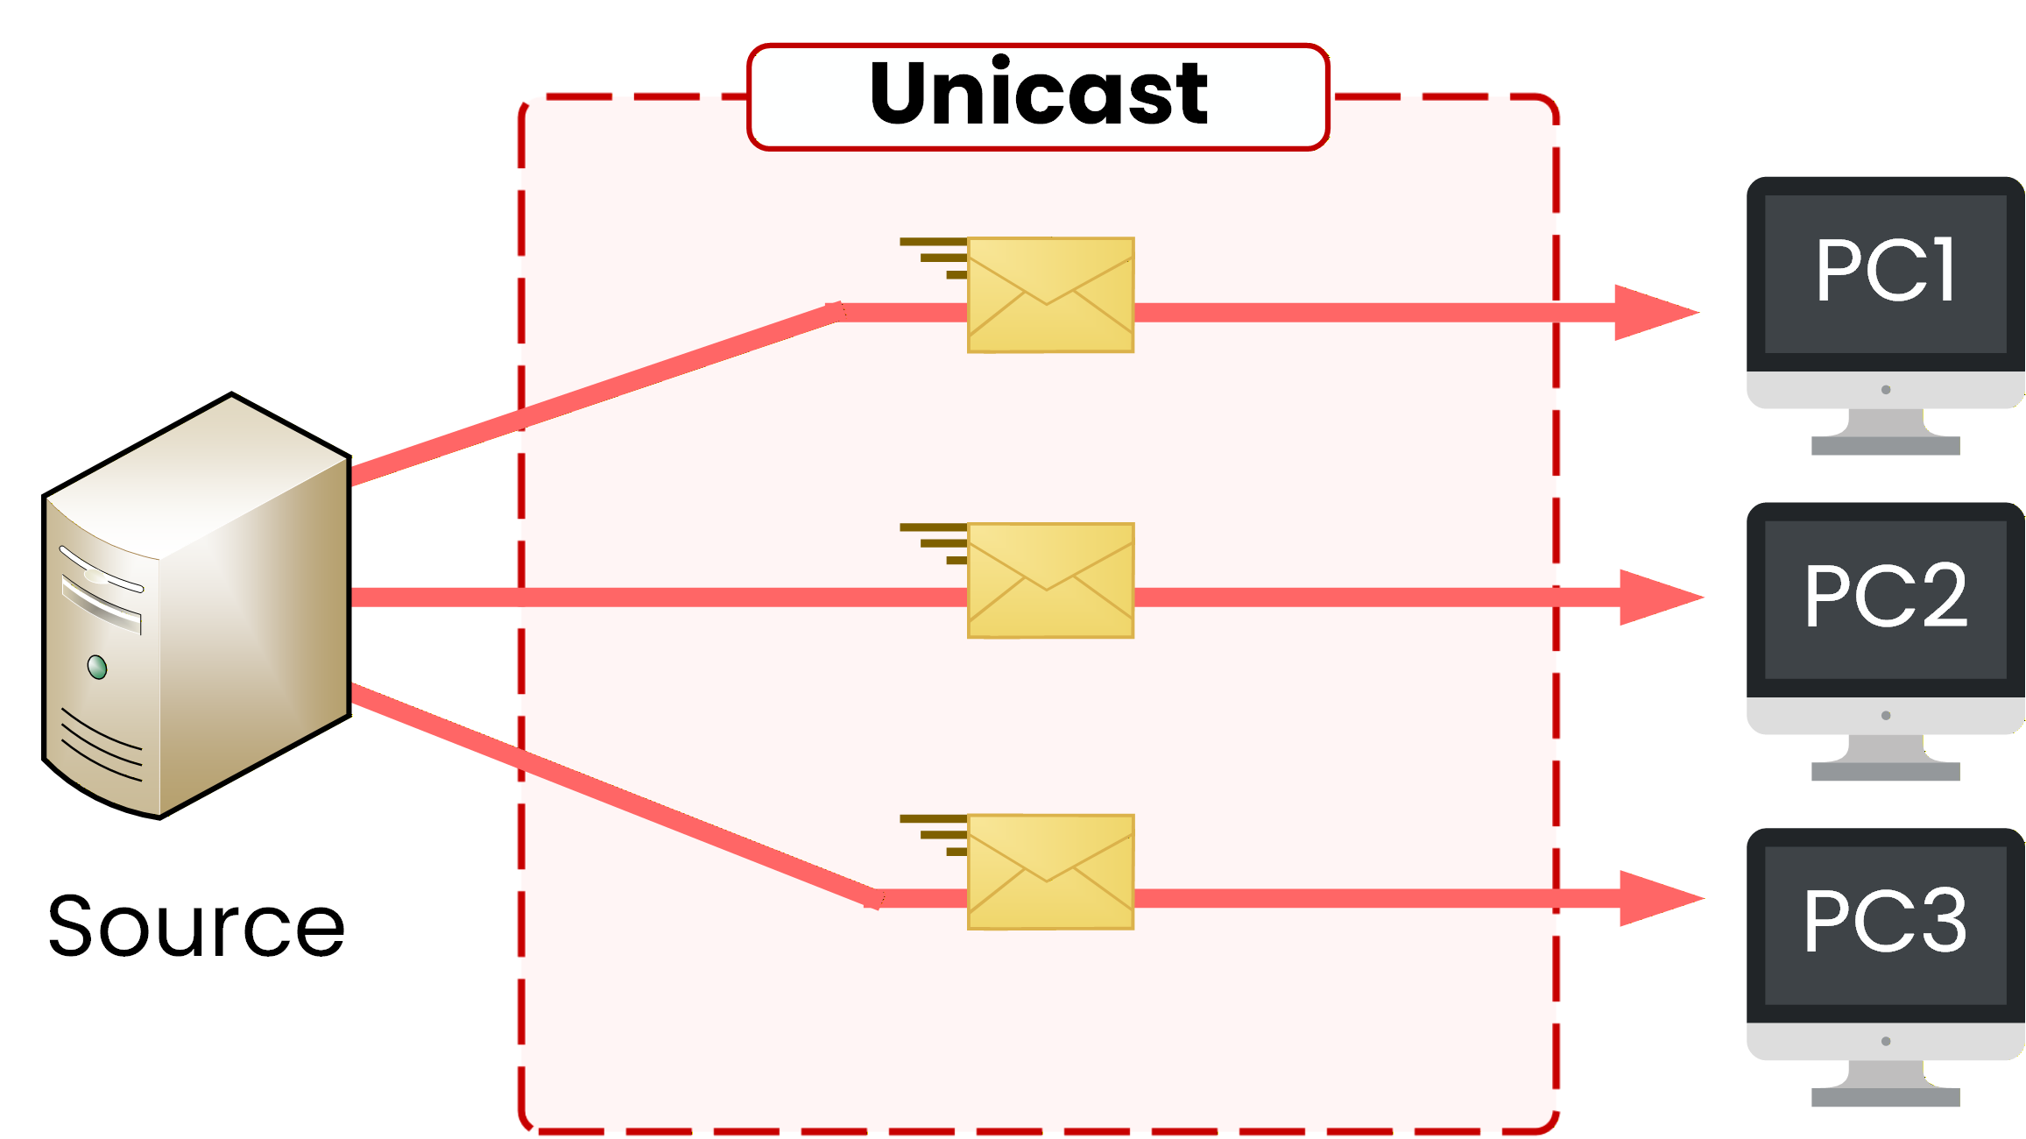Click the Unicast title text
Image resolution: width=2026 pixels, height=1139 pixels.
[1038, 95]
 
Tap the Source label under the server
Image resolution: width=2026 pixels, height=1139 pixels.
[196, 926]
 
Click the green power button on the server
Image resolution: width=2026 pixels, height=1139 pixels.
[97, 668]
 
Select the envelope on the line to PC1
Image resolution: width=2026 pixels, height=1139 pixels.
[1050, 295]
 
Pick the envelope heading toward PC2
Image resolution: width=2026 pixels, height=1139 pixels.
[1050, 581]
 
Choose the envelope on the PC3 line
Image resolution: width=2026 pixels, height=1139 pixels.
[1050, 872]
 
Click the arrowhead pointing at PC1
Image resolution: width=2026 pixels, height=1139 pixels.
[1652, 312]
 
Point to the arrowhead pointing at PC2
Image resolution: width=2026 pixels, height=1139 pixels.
[1656, 598]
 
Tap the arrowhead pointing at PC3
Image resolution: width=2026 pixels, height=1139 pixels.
[1656, 898]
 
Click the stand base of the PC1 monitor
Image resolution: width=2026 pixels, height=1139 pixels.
[1885, 446]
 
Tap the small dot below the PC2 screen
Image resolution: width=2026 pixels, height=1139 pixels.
[1886, 716]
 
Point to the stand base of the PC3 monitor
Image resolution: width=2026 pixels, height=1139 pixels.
[1885, 1097]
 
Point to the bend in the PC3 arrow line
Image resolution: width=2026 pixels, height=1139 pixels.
[875, 899]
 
